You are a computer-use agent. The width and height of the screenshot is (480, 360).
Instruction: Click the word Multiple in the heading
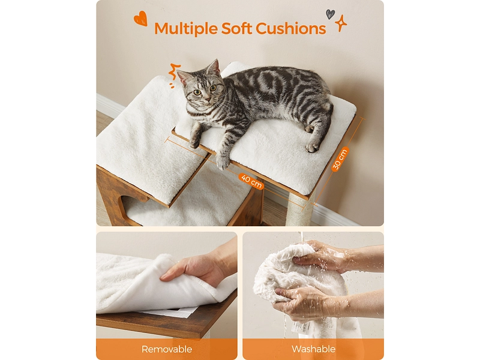click(x=186, y=28)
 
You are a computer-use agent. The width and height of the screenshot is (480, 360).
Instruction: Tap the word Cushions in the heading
click(x=291, y=28)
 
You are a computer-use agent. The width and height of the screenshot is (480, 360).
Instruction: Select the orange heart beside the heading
click(x=141, y=19)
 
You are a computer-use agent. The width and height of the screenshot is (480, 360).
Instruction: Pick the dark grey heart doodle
click(x=330, y=14)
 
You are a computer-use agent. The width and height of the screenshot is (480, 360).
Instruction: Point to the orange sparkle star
click(x=340, y=23)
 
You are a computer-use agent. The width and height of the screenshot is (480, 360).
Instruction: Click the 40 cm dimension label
click(x=251, y=181)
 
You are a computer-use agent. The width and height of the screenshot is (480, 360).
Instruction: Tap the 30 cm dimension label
click(x=340, y=159)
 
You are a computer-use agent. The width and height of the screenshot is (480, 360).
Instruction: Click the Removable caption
click(x=167, y=349)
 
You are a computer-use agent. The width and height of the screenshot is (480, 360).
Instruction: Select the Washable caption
click(x=313, y=349)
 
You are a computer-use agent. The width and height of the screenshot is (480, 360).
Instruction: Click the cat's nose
click(x=208, y=98)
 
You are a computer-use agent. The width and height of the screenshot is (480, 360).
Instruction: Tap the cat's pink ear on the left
click(x=184, y=77)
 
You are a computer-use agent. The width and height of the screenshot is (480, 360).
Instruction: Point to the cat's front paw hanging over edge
click(x=223, y=162)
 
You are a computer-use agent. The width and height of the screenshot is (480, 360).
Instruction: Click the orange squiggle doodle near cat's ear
click(x=175, y=71)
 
